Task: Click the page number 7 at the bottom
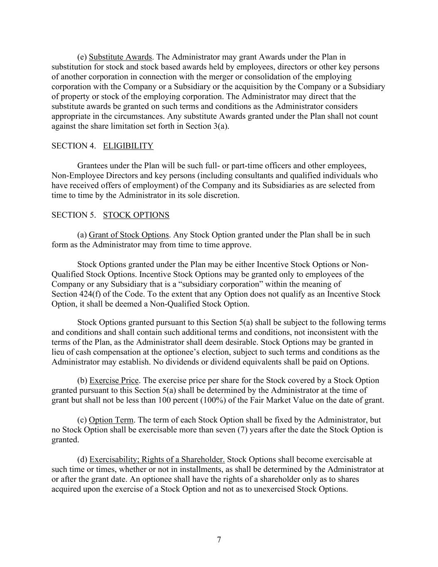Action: click(219, 540)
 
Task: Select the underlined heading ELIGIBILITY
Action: click(128, 146)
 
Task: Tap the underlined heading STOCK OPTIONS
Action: click(136, 215)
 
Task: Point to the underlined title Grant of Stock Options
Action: click(129, 235)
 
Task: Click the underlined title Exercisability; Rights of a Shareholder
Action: click(157, 459)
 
